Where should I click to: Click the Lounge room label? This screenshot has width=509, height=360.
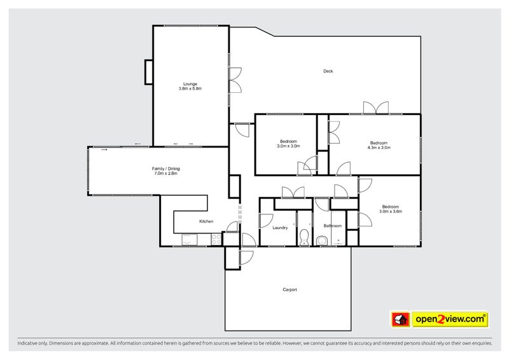(x=190, y=84)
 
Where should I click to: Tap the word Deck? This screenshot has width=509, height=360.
(x=328, y=71)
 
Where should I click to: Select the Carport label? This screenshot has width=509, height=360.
(x=289, y=289)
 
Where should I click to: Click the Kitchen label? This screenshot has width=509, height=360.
(x=206, y=221)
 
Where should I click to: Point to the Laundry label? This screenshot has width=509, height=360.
(x=280, y=227)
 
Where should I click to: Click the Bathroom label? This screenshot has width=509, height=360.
(x=332, y=226)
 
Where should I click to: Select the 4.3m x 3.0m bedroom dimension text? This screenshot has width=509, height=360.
(x=379, y=147)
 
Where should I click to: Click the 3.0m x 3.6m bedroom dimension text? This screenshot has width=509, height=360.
(x=390, y=211)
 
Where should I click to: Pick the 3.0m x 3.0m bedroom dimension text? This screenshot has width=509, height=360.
(x=288, y=146)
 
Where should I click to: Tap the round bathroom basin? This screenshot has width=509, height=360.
(x=323, y=239)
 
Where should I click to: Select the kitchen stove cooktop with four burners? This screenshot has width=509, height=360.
(x=214, y=240)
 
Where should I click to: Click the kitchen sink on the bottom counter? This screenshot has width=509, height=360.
(x=190, y=240)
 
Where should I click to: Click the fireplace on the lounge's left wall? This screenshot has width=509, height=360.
(x=149, y=72)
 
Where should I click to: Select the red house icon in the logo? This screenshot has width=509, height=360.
(x=399, y=318)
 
